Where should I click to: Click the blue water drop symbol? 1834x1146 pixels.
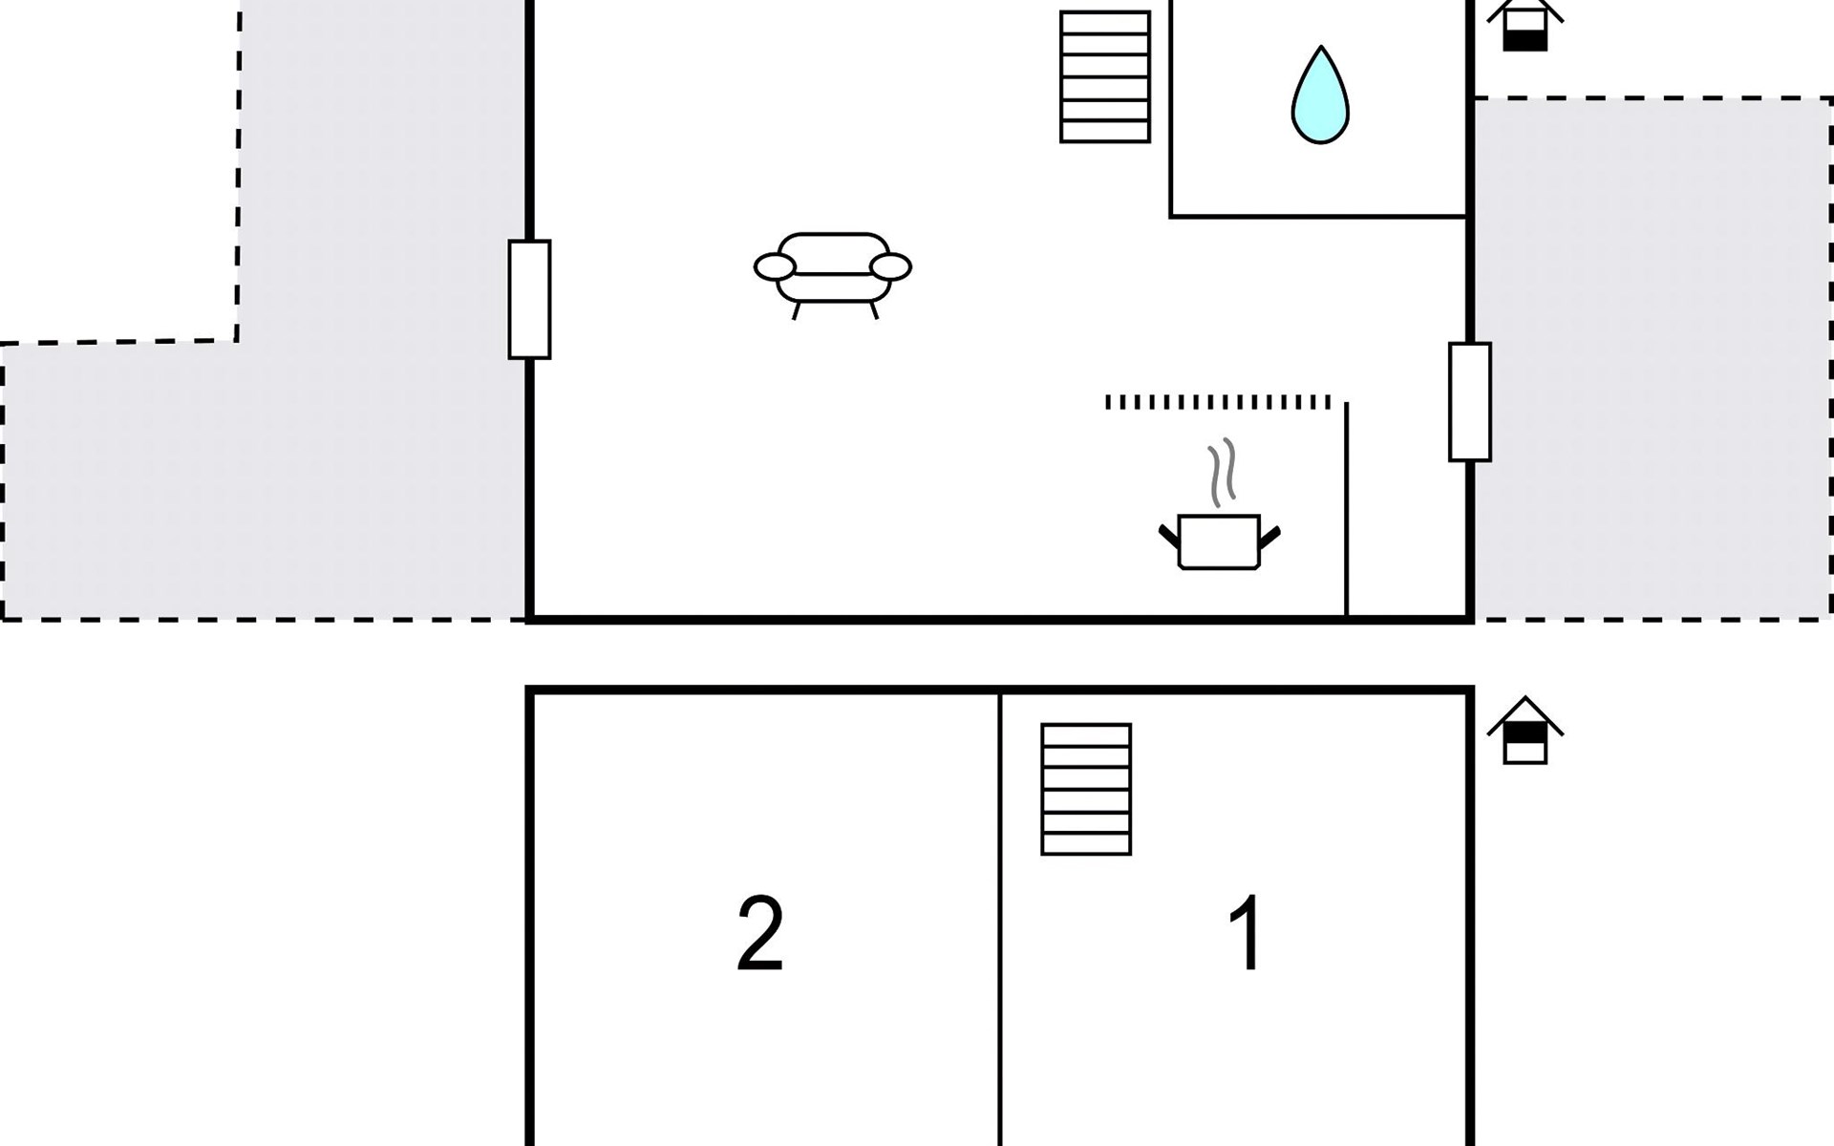[1320, 95]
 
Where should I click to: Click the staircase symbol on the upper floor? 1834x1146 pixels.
[1105, 76]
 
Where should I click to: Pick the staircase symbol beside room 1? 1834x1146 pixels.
[1086, 789]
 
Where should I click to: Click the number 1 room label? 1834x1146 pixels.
[1247, 932]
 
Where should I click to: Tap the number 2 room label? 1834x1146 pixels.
[760, 933]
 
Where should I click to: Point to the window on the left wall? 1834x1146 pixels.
[529, 300]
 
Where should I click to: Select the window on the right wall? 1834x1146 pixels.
[1470, 402]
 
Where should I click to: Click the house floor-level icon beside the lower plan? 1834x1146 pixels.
[1525, 731]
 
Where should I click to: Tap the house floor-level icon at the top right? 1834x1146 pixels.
[1525, 25]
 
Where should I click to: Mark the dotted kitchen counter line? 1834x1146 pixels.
[1218, 402]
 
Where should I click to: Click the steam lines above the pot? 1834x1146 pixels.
[1222, 473]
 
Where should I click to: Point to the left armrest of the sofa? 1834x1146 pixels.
[775, 267]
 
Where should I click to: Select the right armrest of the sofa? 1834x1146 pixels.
[891, 267]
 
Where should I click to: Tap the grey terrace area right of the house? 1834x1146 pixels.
[1653, 359]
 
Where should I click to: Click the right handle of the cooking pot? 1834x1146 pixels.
[1270, 537]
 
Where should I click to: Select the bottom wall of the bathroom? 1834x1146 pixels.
[1318, 217]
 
